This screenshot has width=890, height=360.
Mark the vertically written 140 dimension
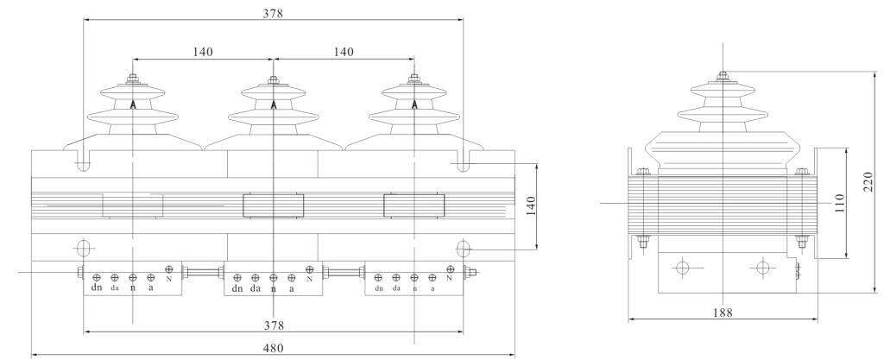532,205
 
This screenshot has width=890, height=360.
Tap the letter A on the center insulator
274,104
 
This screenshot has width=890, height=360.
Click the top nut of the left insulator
133,80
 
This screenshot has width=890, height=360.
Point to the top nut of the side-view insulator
721,76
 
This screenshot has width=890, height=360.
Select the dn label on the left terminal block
97,288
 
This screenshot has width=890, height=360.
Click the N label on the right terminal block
450,279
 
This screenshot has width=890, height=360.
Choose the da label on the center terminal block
256,288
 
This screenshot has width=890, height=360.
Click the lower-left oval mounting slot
83,249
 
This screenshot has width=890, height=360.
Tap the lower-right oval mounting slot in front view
464,249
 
